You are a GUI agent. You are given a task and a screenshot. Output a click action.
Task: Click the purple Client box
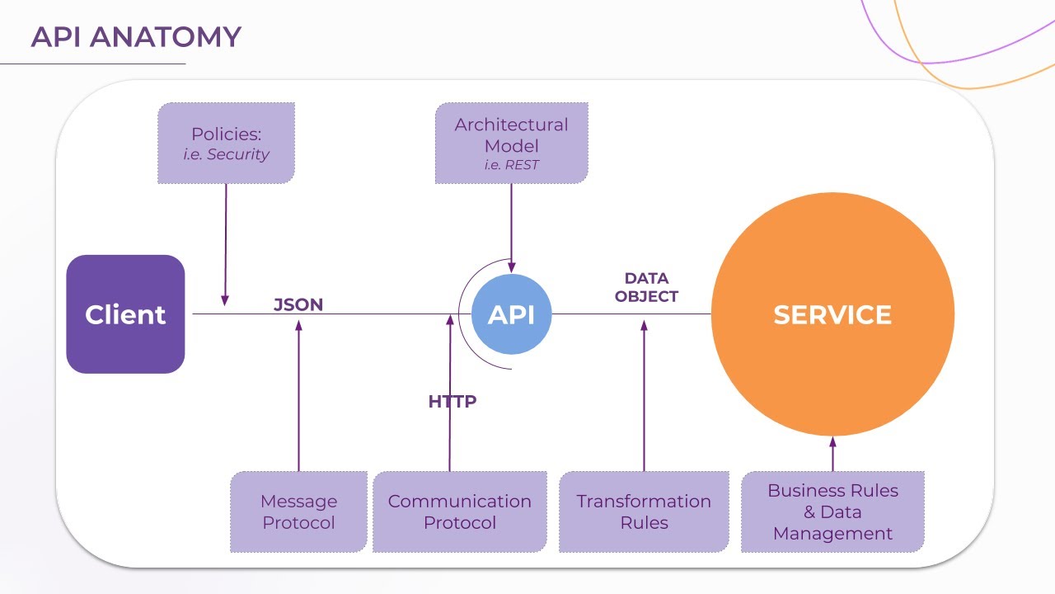(x=125, y=314)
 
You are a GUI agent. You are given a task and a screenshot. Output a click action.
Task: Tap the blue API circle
(x=511, y=314)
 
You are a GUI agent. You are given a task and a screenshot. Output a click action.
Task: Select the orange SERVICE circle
(x=832, y=314)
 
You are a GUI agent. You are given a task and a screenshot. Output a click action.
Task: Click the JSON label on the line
(x=298, y=304)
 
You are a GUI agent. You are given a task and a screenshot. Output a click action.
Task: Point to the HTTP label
(x=452, y=402)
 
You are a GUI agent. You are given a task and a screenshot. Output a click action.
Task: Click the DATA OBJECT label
(x=646, y=287)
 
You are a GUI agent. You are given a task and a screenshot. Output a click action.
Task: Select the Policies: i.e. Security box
(x=226, y=143)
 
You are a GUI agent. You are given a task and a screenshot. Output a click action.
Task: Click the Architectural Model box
(x=511, y=143)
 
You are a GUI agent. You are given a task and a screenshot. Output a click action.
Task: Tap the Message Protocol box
(x=298, y=511)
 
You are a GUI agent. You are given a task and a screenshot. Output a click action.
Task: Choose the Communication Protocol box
(x=459, y=511)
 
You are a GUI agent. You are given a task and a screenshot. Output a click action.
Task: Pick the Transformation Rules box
(x=644, y=511)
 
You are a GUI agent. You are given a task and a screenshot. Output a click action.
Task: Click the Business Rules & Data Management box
(x=832, y=511)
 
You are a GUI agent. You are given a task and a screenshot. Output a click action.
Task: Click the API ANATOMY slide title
(x=136, y=37)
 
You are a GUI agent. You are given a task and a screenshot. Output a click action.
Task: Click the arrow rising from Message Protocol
(x=298, y=396)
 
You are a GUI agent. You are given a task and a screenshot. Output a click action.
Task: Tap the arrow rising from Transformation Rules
(x=644, y=396)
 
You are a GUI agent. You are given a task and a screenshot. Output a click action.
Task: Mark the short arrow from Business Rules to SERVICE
(x=832, y=453)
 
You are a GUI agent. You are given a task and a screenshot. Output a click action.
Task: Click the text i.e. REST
(x=511, y=165)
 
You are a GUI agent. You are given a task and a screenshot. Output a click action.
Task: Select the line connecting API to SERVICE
(x=631, y=313)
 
